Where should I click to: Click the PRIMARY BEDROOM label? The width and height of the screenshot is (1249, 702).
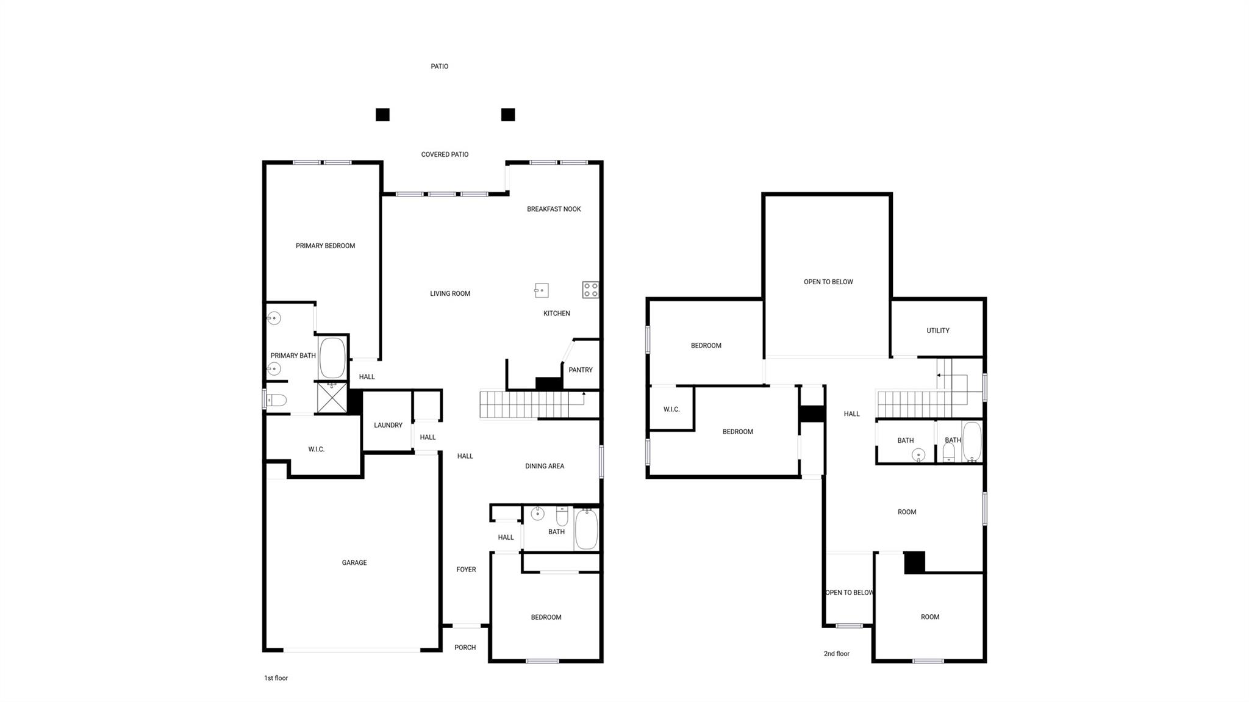point(325,246)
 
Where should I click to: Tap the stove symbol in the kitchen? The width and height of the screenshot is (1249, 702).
point(590,290)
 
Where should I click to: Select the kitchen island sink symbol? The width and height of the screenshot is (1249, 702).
point(541,290)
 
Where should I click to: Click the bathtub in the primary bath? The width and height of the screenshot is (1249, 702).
point(332,358)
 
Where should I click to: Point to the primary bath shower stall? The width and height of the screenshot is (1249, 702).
point(332,398)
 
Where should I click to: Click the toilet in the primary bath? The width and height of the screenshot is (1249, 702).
point(276,401)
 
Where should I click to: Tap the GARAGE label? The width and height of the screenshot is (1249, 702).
point(354,563)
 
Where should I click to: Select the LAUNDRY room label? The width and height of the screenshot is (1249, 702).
point(388,425)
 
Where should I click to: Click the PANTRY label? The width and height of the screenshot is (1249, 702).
point(580,370)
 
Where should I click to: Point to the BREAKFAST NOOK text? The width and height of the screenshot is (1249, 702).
point(554,209)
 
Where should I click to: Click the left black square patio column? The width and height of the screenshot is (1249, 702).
point(382,115)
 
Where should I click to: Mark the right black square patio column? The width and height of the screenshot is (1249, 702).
point(508,115)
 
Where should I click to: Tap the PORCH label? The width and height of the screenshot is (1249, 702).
point(465,648)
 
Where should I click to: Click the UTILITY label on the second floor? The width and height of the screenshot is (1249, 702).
point(937,331)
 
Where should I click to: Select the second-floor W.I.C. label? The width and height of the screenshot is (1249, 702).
point(671,409)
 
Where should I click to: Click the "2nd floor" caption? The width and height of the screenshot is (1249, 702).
point(836,654)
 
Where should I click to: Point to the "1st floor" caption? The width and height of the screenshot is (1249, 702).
point(276,678)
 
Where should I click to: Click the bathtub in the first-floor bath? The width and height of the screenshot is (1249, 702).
point(586,529)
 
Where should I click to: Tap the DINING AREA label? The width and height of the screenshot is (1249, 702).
point(545,466)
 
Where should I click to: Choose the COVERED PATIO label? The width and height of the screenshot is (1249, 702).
point(445,155)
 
